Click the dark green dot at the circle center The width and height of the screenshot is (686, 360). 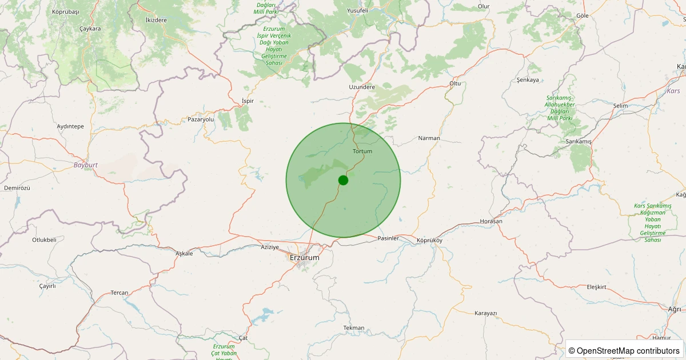click(x=343, y=180)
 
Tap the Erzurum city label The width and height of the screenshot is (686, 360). click(x=304, y=258)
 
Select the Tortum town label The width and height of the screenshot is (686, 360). click(x=362, y=151)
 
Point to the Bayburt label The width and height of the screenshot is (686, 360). click(x=86, y=165)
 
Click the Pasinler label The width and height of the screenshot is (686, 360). click(x=388, y=238)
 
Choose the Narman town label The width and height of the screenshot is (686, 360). click(x=429, y=138)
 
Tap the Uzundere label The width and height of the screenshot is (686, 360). click(x=362, y=87)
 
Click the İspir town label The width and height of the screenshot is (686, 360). click(x=248, y=101)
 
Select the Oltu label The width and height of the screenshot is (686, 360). click(x=454, y=83)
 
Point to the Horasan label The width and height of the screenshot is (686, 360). click(x=491, y=221)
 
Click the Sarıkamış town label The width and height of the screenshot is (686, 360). click(x=578, y=141)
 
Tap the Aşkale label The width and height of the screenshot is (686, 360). click(x=184, y=253)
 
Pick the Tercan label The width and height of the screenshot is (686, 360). click(x=119, y=293)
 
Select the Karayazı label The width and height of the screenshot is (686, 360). click(x=486, y=313)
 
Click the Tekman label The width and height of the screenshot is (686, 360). click(x=353, y=327)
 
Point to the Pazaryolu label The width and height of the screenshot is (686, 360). click(x=201, y=119)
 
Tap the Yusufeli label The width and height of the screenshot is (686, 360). click(x=358, y=10)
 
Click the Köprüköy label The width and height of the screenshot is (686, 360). click(x=429, y=240)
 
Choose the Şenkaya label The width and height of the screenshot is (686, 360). click(x=528, y=79)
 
